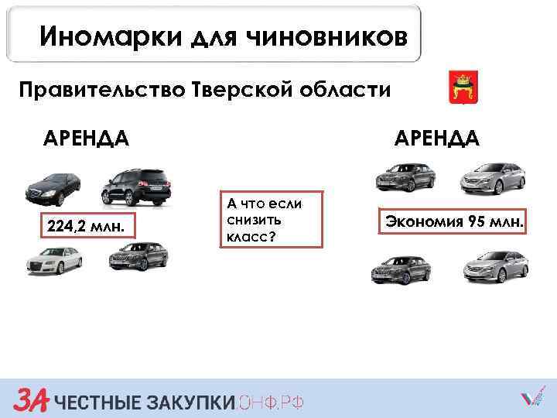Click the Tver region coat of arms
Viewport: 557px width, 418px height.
463,87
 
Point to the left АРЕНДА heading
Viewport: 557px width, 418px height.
86,139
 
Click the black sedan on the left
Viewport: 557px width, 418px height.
53,186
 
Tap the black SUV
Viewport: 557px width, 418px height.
138,187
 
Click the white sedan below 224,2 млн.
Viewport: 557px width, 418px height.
53,259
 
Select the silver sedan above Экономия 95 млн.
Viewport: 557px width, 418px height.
493,178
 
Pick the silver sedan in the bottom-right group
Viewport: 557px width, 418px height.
495,266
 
